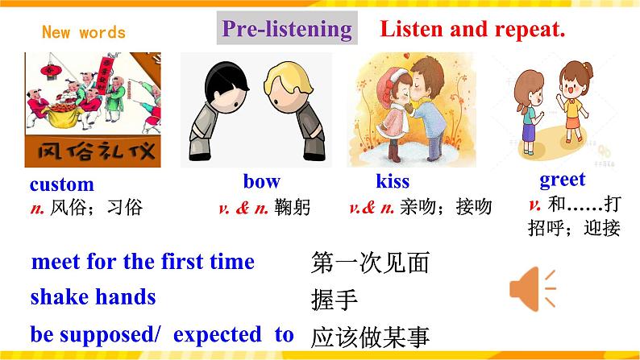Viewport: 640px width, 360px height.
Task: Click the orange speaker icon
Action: [533, 290]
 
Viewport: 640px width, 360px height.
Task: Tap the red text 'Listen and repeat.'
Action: [472, 30]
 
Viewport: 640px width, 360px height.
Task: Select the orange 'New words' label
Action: [84, 33]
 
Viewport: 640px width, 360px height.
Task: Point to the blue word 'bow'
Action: [261, 180]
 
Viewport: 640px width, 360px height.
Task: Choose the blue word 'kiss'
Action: [393, 181]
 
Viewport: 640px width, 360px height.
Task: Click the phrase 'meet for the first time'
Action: [143, 262]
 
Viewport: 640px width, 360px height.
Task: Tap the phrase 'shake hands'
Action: [93, 296]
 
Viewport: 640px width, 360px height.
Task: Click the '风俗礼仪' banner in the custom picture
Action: [93, 150]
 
